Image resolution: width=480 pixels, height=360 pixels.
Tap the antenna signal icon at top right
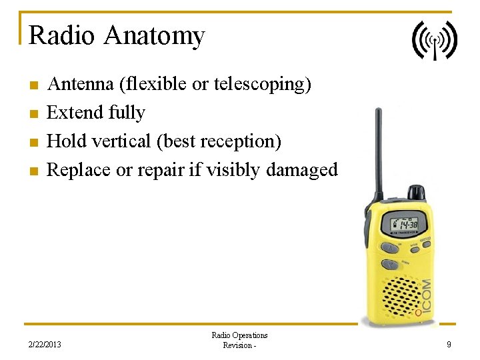[x=434, y=40]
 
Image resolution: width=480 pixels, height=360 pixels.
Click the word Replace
[x=79, y=170]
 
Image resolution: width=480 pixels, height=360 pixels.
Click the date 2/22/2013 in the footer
[x=45, y=345]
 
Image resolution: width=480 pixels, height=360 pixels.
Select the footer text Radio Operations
[x=239, y=335]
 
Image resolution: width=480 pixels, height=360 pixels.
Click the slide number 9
[x=449, y=345]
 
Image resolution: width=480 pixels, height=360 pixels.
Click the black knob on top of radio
[x=417, y=192]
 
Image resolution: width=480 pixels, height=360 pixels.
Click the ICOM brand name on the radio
[x=425, y=297]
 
